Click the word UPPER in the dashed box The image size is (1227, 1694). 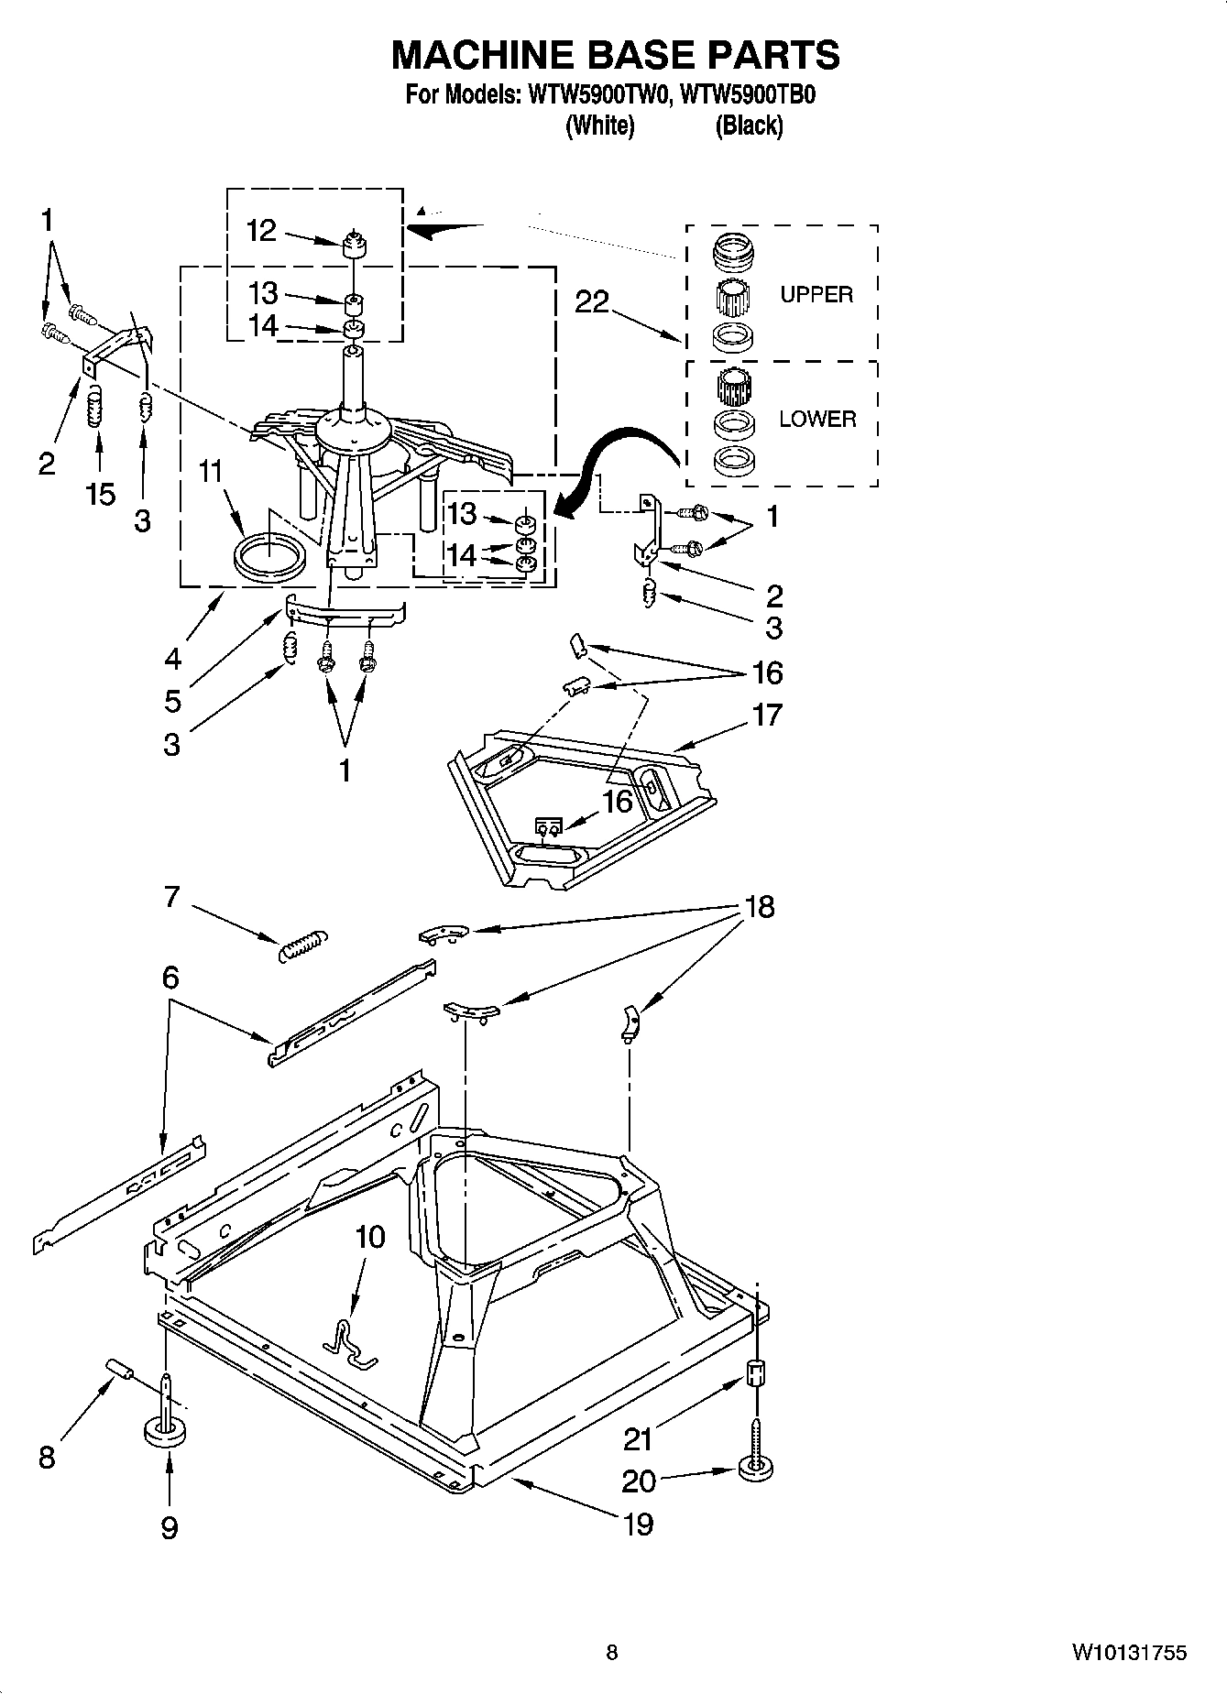[x=816, y=294]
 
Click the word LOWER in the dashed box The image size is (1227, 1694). [x=817, y=419]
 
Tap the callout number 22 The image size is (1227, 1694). [x=592, y=301]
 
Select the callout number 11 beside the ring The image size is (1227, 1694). [x=211, y=472]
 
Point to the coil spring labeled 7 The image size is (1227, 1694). [x=301, y=945]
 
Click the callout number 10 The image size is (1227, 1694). [x=369, y=1238]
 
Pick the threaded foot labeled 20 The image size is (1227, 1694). [x=756, y=1467]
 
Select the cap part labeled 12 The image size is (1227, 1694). [x=354, y=246]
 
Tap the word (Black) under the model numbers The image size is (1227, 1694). [x=749, y=126]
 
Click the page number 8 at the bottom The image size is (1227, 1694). [x=612, y=1653]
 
